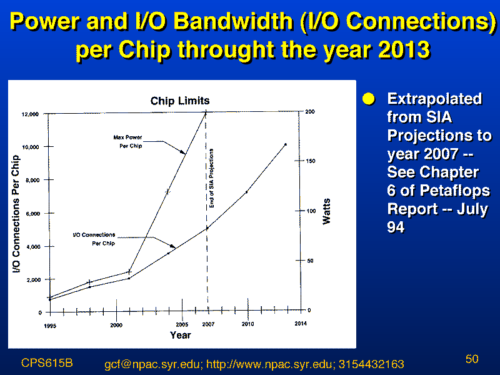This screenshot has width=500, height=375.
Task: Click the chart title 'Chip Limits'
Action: (180, 101)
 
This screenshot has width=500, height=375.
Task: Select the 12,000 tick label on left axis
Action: (30, 114)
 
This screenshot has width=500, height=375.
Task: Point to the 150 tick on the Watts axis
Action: (310, 161)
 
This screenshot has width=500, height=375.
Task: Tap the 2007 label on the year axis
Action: (208, 324)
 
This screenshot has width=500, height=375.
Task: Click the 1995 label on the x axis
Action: (50, 326)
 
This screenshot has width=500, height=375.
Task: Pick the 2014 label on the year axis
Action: (301, 324)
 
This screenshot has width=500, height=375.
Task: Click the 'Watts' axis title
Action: (326, 211)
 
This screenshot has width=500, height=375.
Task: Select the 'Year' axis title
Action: (180, 335)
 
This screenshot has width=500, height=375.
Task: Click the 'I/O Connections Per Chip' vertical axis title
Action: (16, 214)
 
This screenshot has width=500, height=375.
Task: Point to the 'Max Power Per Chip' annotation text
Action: (128, 142)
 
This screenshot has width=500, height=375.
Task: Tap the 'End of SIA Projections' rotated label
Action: (211, 178)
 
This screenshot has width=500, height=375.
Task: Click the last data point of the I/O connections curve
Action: (286, 144)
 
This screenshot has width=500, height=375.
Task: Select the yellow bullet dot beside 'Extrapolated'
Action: (369, 99)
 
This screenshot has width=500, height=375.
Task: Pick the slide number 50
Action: (472, 359)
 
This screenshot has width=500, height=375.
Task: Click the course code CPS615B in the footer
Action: (47, 363)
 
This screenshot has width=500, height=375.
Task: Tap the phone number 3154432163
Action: (371, 364)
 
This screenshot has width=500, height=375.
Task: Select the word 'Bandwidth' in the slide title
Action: (234, 21)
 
